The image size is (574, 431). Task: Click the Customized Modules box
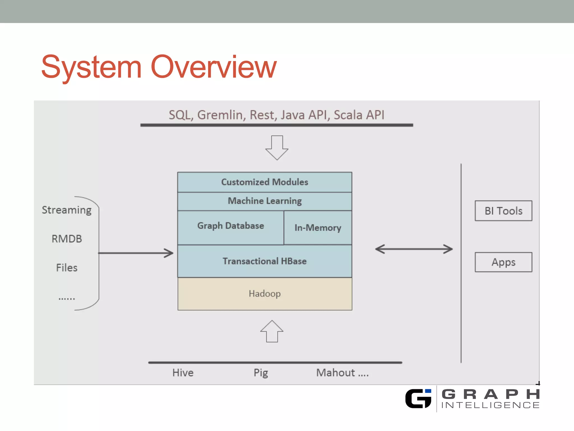click(265, 182)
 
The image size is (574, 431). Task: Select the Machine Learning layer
click(265, 201)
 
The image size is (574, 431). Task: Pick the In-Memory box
click(318, 228)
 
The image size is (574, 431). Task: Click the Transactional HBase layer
click(265, 261)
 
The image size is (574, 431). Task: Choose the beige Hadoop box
click(265, 294)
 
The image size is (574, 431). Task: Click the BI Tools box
click(503, 211)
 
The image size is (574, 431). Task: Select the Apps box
click(503, 262)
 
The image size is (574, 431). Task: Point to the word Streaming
click(67, 210)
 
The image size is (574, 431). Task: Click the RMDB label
click(67, 239)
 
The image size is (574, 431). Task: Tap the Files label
click(67, 268)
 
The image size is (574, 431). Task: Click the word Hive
click(183, 373)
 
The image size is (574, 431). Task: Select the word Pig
click(261, 373)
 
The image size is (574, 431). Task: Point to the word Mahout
click(335, 373)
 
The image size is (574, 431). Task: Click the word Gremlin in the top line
click(220, 115)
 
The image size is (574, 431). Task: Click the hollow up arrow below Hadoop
click(272, 331)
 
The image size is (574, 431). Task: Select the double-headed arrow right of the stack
click(414, 249)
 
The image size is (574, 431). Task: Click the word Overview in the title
click(214, 67)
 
